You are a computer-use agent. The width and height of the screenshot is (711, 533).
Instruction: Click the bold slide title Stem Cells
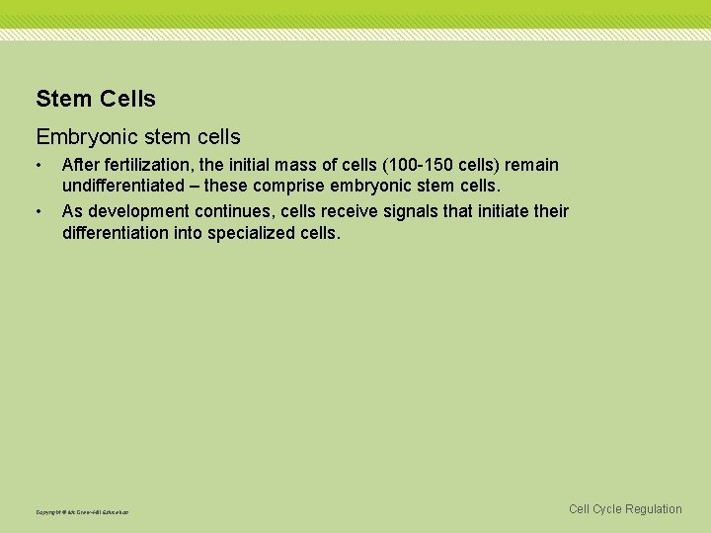[x=96, y=99]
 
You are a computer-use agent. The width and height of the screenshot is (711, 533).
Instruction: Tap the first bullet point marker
[x=39, y=165]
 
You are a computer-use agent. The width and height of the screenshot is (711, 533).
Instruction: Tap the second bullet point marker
[x=39, y=211]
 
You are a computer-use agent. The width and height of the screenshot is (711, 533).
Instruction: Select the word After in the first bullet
[x=78, y=165]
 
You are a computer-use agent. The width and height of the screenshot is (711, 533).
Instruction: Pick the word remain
[x=532, y=165]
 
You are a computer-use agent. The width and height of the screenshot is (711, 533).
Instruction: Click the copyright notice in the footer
[x=82, y=511]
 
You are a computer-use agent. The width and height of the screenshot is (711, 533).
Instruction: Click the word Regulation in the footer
[x=653, y=509]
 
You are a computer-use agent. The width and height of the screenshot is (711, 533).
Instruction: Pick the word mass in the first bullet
[x=303, y=165]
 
